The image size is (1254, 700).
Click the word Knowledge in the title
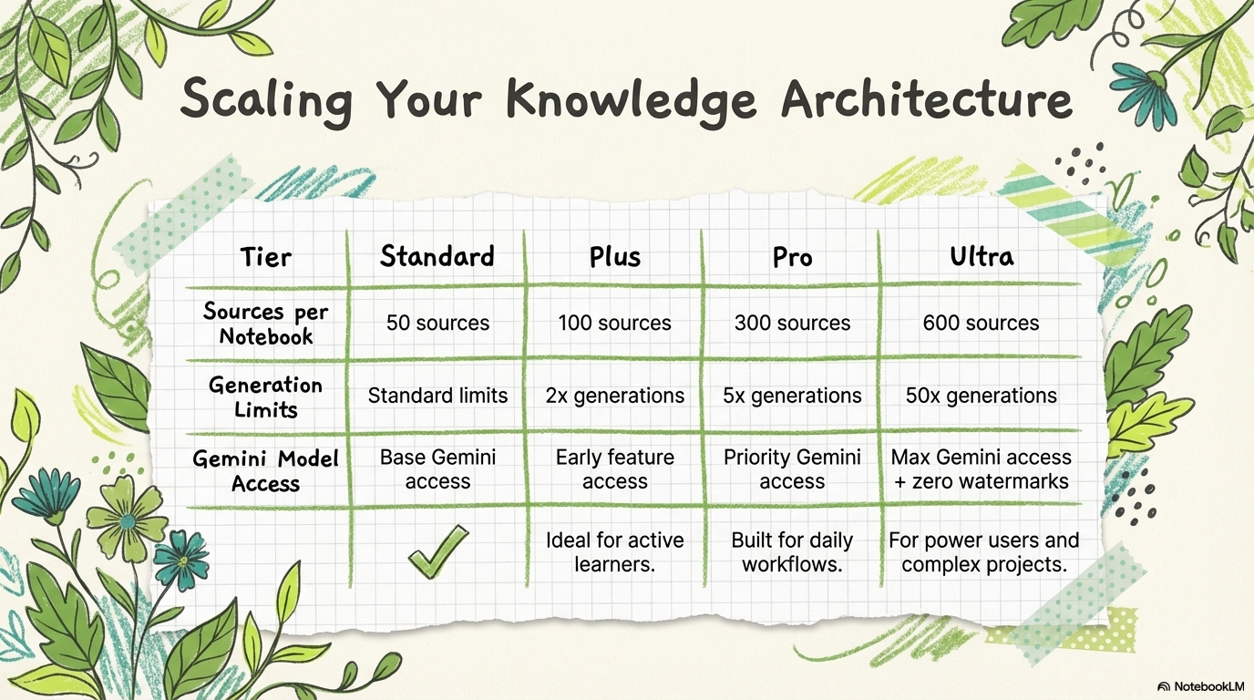[631, 101]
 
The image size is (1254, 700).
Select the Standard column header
[437, 256]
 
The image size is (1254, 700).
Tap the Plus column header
[614, 257]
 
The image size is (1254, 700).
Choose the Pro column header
[792, 258]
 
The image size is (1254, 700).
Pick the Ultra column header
[982, 256]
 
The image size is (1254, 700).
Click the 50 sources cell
[437, 324]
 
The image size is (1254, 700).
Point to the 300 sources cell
[792, 324]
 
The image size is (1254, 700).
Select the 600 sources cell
[981, 324]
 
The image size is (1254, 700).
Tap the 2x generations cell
[614, 396]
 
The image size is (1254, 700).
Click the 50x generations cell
[981, 396]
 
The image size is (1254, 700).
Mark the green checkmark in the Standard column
[437, 551]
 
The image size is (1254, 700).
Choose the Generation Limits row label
[265, 397]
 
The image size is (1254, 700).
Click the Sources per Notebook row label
[265, 324]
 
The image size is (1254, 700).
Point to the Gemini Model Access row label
[265, 470]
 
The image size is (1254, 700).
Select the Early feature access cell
[614, 469]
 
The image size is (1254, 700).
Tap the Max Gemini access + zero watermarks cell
[981, 469]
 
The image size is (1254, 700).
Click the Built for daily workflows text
[792, 552]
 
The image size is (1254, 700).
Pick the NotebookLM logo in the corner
[1201, 686]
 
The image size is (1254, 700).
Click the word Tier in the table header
[266, 258]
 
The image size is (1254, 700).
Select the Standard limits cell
[437, 396]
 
